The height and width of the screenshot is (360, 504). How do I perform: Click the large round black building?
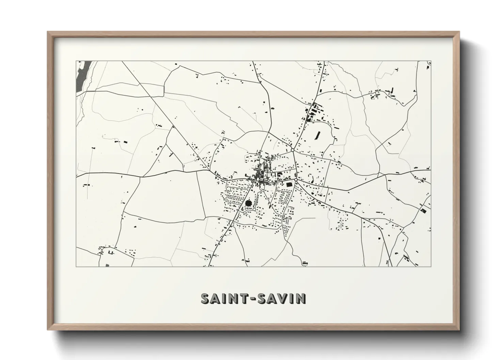coord(248,203)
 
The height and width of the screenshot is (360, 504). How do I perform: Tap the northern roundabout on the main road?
coord(292,150)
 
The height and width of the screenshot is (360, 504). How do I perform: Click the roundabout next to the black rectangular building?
coord(296,179)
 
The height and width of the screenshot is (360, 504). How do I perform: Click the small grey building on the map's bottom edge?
coord(108,265)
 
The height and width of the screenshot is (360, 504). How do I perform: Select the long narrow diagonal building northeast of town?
coord(319,135)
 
